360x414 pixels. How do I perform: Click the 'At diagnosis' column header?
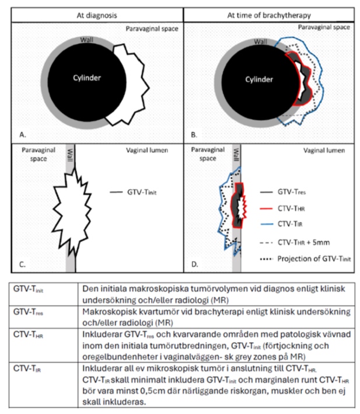click(x=97, y=15)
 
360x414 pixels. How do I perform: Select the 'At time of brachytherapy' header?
click(x=269, y=15)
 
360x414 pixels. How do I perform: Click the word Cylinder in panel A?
click(x=87, y=78)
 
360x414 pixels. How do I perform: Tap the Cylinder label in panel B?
click(x=259, y=79)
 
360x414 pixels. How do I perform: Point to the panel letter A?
click(x=23, y=135)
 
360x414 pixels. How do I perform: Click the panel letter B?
click(x=194, y=135)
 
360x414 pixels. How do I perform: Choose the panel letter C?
click(x=22, y=265)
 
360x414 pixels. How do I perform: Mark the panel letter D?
click(x=194, y=264)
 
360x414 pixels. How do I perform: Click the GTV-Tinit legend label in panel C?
click(x=142, y=192)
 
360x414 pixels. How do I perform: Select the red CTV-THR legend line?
click(x=266, y=208)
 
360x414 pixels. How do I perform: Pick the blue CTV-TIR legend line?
click(x=266, y=224)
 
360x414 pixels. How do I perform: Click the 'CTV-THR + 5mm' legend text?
click(x=303, y=242)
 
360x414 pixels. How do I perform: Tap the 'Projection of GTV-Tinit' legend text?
click(x=314, y=259)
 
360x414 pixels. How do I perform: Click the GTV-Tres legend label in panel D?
click(x=292, y=192)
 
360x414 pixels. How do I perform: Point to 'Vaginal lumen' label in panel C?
click(x=147, y=150)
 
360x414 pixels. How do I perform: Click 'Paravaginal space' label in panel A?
click(x=152, y=29)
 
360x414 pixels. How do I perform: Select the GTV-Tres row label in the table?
click(x=28, y=312)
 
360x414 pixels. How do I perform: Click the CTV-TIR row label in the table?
click(x=27, y=368)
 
